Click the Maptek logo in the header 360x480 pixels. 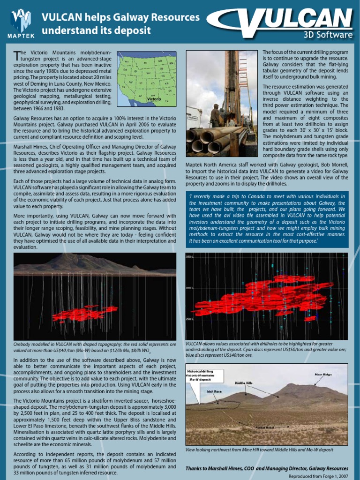(20, 23)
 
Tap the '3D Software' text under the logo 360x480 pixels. (326, 35)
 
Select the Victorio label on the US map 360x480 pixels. (154, 99)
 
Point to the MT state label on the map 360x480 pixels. (145, 62)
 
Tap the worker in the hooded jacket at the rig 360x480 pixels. (215, 115)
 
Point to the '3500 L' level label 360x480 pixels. (190, 257)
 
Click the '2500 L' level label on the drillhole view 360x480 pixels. (190, 319)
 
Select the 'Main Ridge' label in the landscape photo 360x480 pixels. (323, 375)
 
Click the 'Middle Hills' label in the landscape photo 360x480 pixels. (243, 383)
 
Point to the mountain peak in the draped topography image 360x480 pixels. (72, 256)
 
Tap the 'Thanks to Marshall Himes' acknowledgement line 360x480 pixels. (267, 468)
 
